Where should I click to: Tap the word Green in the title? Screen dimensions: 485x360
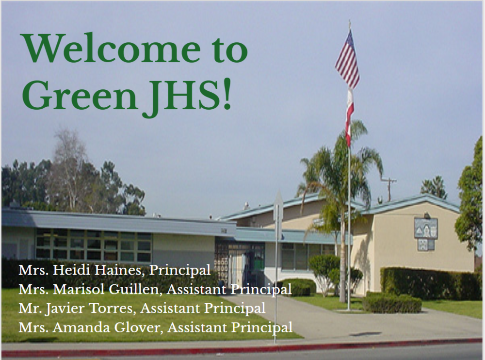80,95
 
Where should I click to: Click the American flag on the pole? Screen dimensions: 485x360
348,59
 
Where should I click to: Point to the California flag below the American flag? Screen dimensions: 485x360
350,117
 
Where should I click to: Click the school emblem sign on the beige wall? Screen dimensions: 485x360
426,234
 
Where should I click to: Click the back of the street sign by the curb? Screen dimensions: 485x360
278,213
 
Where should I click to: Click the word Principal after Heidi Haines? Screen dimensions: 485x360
180,270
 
